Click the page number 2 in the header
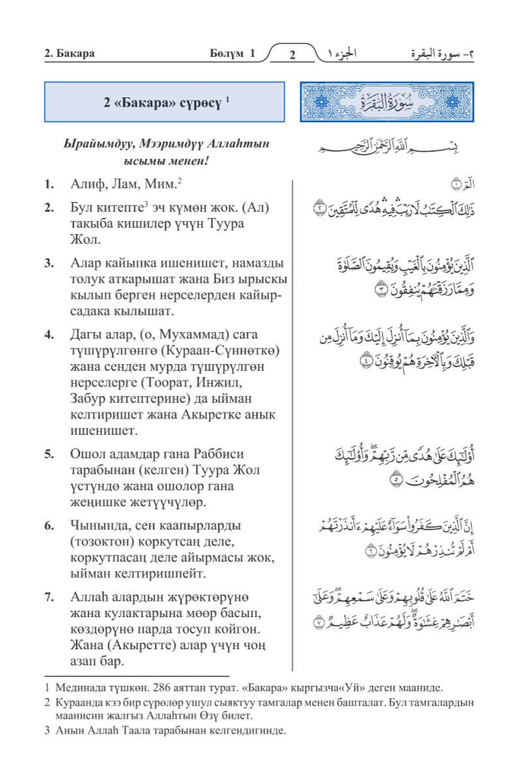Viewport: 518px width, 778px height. pos(293,55)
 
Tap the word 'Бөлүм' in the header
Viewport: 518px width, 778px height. pos(226,54)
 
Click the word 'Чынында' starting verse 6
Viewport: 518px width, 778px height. pos(96,525)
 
